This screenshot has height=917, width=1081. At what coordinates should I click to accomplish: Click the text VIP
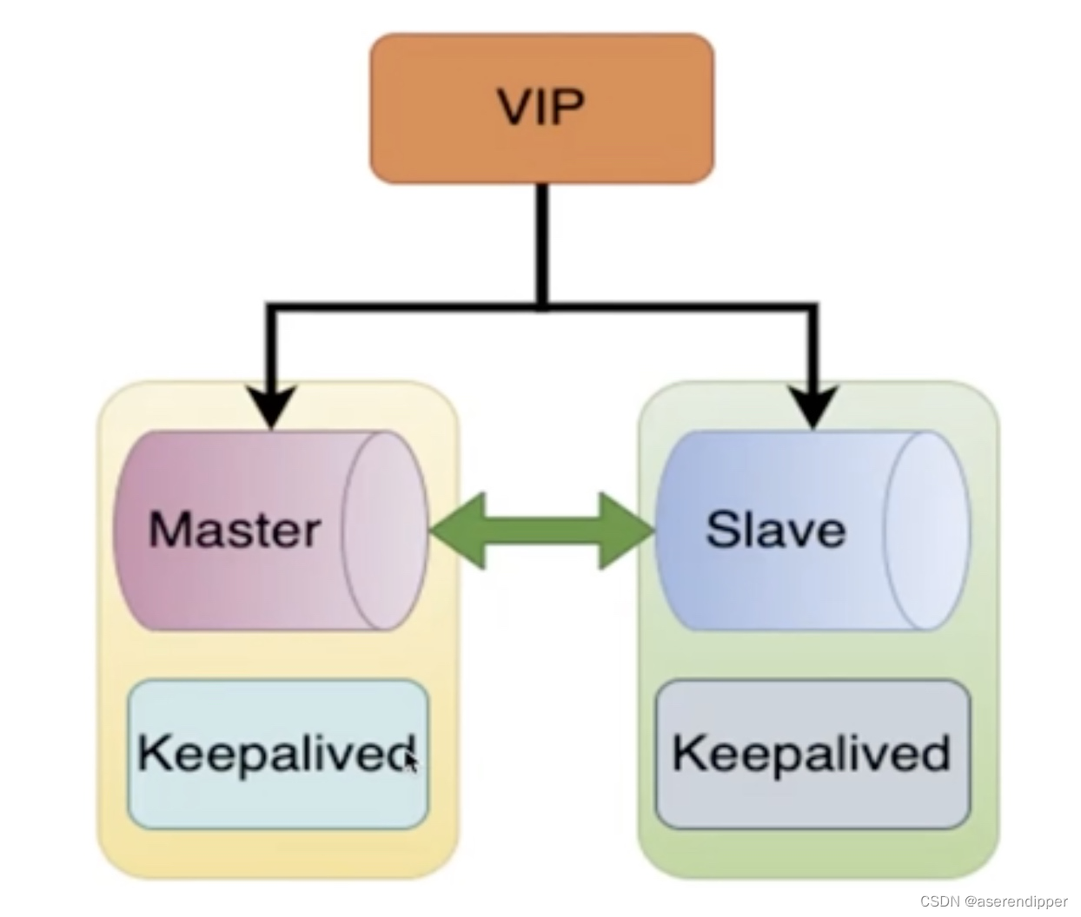(541, 108)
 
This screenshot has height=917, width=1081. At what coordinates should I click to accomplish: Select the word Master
(234, 529)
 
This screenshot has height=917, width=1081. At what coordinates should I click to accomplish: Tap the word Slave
(775, 529)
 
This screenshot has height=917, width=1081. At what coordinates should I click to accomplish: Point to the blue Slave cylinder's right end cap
(926, 529)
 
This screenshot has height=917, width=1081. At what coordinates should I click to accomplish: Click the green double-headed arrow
(541, 531)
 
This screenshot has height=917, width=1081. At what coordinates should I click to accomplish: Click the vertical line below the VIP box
(541, 243)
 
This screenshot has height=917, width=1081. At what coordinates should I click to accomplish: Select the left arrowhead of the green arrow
(456, 531)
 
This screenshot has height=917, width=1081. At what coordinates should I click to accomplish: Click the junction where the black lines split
(541, 307)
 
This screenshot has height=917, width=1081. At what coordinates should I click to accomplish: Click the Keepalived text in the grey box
(812, 753)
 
